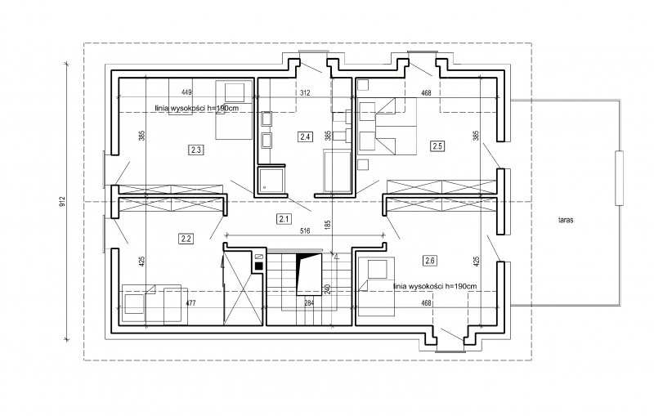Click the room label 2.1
point(284,218)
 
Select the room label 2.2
point(186,239)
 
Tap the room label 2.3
point(196,150)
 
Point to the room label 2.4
point(305,136)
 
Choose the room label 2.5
point(437,146)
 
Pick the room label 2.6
point(430,261)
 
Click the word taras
point(566,220)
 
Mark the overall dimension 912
point(63,202)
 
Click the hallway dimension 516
point(305,230)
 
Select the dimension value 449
point(187,92)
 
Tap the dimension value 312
point(305,92)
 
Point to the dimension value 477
point(190,303)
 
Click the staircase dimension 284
point(309,303)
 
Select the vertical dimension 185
point(328,226)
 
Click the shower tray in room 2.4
point(271,180)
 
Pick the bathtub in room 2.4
point(338,172)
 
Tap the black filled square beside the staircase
point(258,265)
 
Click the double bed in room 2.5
point(387,127)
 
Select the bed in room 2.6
point(377,285)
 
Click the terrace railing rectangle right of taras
point(620,178)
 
